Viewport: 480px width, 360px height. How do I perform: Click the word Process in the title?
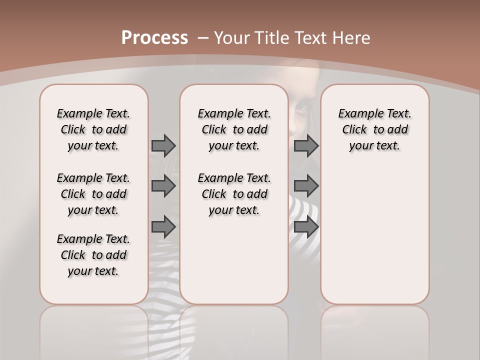click(x=154, y=38)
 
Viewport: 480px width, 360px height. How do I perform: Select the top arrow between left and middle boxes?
click(x=163, y=145)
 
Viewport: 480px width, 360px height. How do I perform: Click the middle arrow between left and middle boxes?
click(x=163, y=186)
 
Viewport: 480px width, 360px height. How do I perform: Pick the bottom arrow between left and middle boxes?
click(x=163, y=227)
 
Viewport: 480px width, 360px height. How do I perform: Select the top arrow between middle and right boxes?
click(x=306, y=145)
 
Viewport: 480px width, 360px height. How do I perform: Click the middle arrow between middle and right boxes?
click(x=306, y=186)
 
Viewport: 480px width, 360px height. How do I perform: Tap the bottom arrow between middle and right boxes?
click(x=306, y=227)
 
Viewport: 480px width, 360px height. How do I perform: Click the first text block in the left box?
click(x=93, y=129)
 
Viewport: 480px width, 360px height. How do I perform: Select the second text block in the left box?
click(x=93, y=194)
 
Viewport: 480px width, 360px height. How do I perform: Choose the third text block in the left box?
click(x=93, y=255)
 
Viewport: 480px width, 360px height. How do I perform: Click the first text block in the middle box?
click(x=234, y=129)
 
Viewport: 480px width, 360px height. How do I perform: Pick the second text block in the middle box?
click(x=234, y=194)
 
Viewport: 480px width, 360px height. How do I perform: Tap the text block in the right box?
click(x=374, y=129)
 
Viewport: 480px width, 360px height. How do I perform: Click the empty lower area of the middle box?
click(x=234, y=260)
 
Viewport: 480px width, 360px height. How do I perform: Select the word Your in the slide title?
click(x=230, y=38)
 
